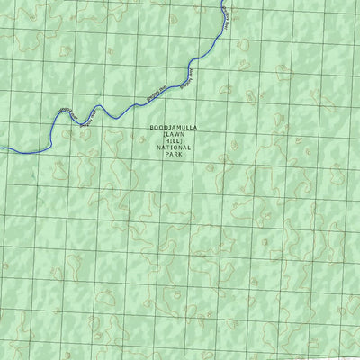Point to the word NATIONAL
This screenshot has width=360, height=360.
coord(174,148)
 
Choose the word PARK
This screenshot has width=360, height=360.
coord(174,154)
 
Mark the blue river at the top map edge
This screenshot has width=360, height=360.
coord(222,3)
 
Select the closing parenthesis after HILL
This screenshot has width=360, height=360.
coord(183,141)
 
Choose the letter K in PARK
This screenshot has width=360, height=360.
coord(181,154)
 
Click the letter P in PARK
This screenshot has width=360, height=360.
coord(166,154)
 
